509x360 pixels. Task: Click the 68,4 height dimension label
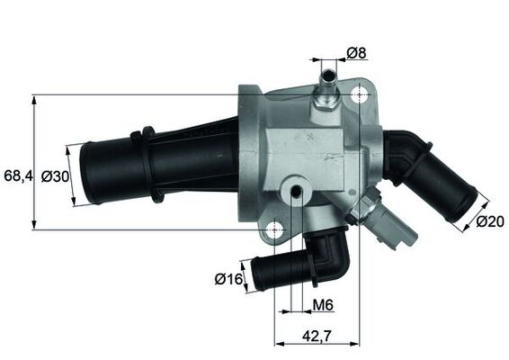(18, 176)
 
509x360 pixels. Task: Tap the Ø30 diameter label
(56, 177)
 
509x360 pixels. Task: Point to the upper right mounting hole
(361, 96)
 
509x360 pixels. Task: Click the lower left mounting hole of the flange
(277, 231)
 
